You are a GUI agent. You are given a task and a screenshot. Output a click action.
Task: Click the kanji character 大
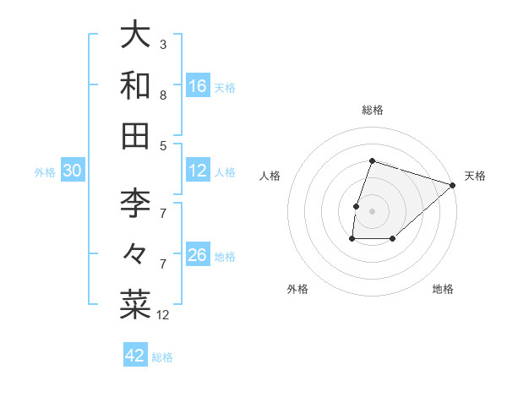(x=135, y=35)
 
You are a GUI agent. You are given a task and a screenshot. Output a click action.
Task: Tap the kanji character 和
(x=135, y=86)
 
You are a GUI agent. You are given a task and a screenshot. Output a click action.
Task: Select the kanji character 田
(x=135, y=136)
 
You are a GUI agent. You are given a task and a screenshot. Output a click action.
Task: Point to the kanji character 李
(x=135, y=204)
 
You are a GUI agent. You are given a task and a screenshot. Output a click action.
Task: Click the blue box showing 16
(x=198, y=86)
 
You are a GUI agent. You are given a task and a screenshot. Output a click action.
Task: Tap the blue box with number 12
(x=198, y=171)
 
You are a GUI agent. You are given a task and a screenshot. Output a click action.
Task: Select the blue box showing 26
(x=198, y=255)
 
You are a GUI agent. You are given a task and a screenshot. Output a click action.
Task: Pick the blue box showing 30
(x=73, y=171)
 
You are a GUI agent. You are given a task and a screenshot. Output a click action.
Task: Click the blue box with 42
(x=135, y=356)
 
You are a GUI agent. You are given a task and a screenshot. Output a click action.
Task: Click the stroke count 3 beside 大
(x=163, y=44)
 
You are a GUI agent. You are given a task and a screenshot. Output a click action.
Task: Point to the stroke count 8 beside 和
(x=163, y=95)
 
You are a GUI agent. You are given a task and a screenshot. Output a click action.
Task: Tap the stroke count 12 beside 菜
(x=163, y=315)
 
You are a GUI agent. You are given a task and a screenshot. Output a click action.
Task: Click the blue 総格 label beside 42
(x=162, y=357)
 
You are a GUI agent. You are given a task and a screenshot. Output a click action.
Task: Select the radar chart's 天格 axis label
(x=475, y=176)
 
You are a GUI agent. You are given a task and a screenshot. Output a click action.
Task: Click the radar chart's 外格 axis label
(x=297, y=289)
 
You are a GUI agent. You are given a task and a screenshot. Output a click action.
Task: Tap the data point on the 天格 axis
(x=453, y=185)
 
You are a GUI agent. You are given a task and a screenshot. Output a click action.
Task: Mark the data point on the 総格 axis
(x=372, y=160)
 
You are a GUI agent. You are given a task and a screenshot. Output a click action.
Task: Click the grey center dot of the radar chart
(x=372, y=211)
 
